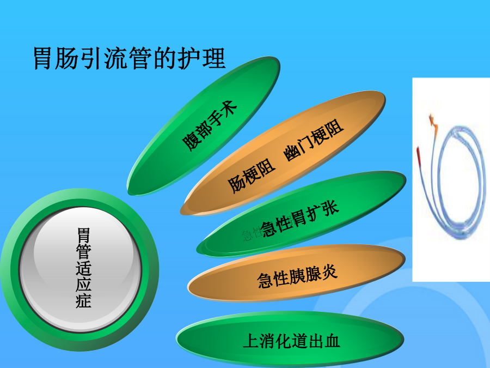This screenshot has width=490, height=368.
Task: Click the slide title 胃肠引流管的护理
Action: click(x=130, y=58)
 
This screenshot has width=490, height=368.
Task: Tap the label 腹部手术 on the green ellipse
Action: click(x=210, y=126)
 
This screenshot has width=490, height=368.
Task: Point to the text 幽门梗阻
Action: click(x=314, y=140)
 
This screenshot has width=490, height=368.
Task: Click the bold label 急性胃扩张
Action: click(x=299, y=219)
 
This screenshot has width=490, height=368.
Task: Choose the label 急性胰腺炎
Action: click(x=297, y=276)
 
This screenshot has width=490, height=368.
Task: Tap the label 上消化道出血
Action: click(x=291, y=341)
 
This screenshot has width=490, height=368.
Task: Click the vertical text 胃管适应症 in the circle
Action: click(x=83, y=268)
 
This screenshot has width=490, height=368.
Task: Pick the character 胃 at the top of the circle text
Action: click(x=83, y=236)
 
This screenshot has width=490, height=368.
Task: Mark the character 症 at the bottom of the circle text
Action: click(x=83, y=300)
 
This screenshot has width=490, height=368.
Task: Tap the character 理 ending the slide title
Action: click(x=214, y=58)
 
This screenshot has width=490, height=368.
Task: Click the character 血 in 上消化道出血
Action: click(x=332, y=341)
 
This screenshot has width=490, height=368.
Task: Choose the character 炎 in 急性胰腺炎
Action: click(x=330, y=272)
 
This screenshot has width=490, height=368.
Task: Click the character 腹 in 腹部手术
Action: click(x=189, y=143)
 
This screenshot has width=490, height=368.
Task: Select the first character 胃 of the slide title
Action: click(x=42, y=58)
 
